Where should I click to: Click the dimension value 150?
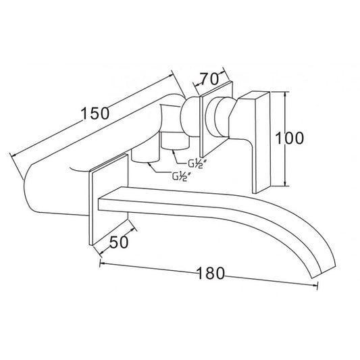(x=95, y=113)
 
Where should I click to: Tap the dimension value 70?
(x=209, y=79)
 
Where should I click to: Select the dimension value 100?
(x=289, y=138)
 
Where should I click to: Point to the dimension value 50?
(x=119, y=242)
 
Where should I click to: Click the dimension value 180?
(x=211, y=274)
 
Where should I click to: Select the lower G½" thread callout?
(x=181, y=177)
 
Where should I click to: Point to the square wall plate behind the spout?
(x=108, y=200)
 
